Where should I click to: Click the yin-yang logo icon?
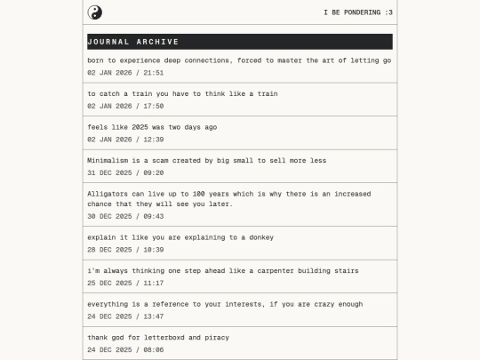(x=95, y=12)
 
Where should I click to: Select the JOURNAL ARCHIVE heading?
(x=133, y=42)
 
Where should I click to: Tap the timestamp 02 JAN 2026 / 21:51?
(x=125, y=72)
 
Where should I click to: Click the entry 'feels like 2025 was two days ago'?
(x=152, y=127)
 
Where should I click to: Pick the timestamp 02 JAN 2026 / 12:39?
(x=125, y=139)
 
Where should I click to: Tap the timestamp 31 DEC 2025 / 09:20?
(x=125, y=172)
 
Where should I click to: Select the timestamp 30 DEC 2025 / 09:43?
(x=125, y=216)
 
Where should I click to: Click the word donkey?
(x=260, y=237)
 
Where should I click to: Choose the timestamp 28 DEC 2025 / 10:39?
(x=125, y=250)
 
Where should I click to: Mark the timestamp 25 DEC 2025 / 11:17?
(x=125, y=283)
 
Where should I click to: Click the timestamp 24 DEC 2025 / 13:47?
(x=125, y=316)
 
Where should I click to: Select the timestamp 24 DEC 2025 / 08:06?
(x=125, y=349)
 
